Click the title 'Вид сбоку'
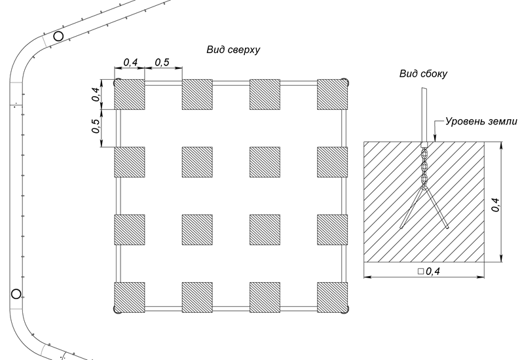tap(424, 74)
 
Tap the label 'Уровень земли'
tap(481, 121)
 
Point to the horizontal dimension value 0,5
tap(162, 62)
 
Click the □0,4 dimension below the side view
tap(428, 271)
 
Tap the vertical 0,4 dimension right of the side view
tap(496, 204)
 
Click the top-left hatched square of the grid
tap(130, 94)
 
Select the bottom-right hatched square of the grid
tap(332, 297)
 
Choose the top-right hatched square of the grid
tap(332, 94)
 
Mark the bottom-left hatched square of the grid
tap(130, 297)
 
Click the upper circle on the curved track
tap(58, 37)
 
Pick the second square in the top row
tap(197, 94)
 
